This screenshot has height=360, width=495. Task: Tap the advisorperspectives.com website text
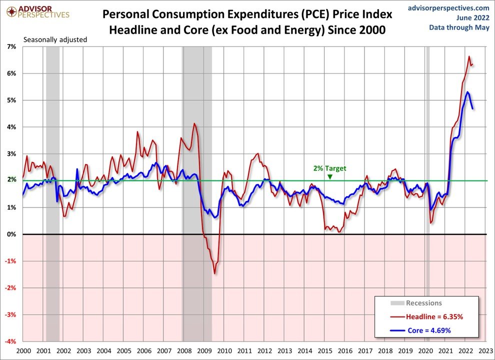[x=448, y=8]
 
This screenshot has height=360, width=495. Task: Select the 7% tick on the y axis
[x=11, y=46]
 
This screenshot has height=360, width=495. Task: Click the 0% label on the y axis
[x=12, y=234]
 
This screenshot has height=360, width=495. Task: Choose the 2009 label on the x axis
[x=204, y=351]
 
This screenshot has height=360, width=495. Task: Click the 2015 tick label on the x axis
[x=325, y=351]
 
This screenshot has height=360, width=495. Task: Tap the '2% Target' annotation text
[x=329, y=168]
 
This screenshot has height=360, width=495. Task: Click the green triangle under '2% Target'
[x=329, y=176]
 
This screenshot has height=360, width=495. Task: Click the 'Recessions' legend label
[x=423, y=302]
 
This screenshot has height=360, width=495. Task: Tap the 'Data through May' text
[x=459, y=27]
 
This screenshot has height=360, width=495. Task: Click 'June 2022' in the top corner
[x=472, y=17]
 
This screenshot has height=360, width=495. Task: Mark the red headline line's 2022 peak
[x=469, y=56]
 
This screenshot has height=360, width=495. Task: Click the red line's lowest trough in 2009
[x=214, y=273]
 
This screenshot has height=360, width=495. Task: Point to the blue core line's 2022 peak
[x=467, y=92]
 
